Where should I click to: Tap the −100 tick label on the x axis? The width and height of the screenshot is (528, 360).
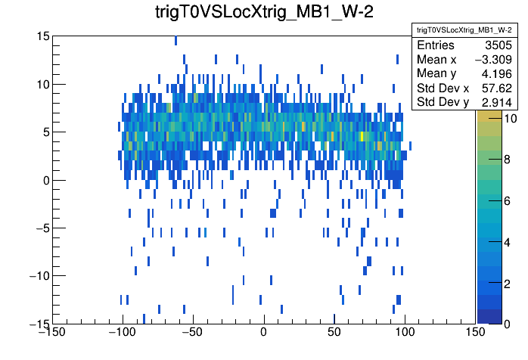[x=122, y=333]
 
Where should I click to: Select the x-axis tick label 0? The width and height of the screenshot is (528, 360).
[x=263, y=333]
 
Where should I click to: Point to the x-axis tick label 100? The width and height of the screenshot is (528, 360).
[x=405, y=333]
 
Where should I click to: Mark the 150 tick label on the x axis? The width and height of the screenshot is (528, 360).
[x=475, y=333]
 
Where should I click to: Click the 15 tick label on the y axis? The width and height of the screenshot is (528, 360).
[x=43, y=36]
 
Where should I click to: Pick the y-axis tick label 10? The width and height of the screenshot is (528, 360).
[x=43, y=84]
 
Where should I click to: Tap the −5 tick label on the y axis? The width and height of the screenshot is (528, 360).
[x=42, y=228]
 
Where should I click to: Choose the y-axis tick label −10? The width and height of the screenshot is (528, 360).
[x=39, y=275]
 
